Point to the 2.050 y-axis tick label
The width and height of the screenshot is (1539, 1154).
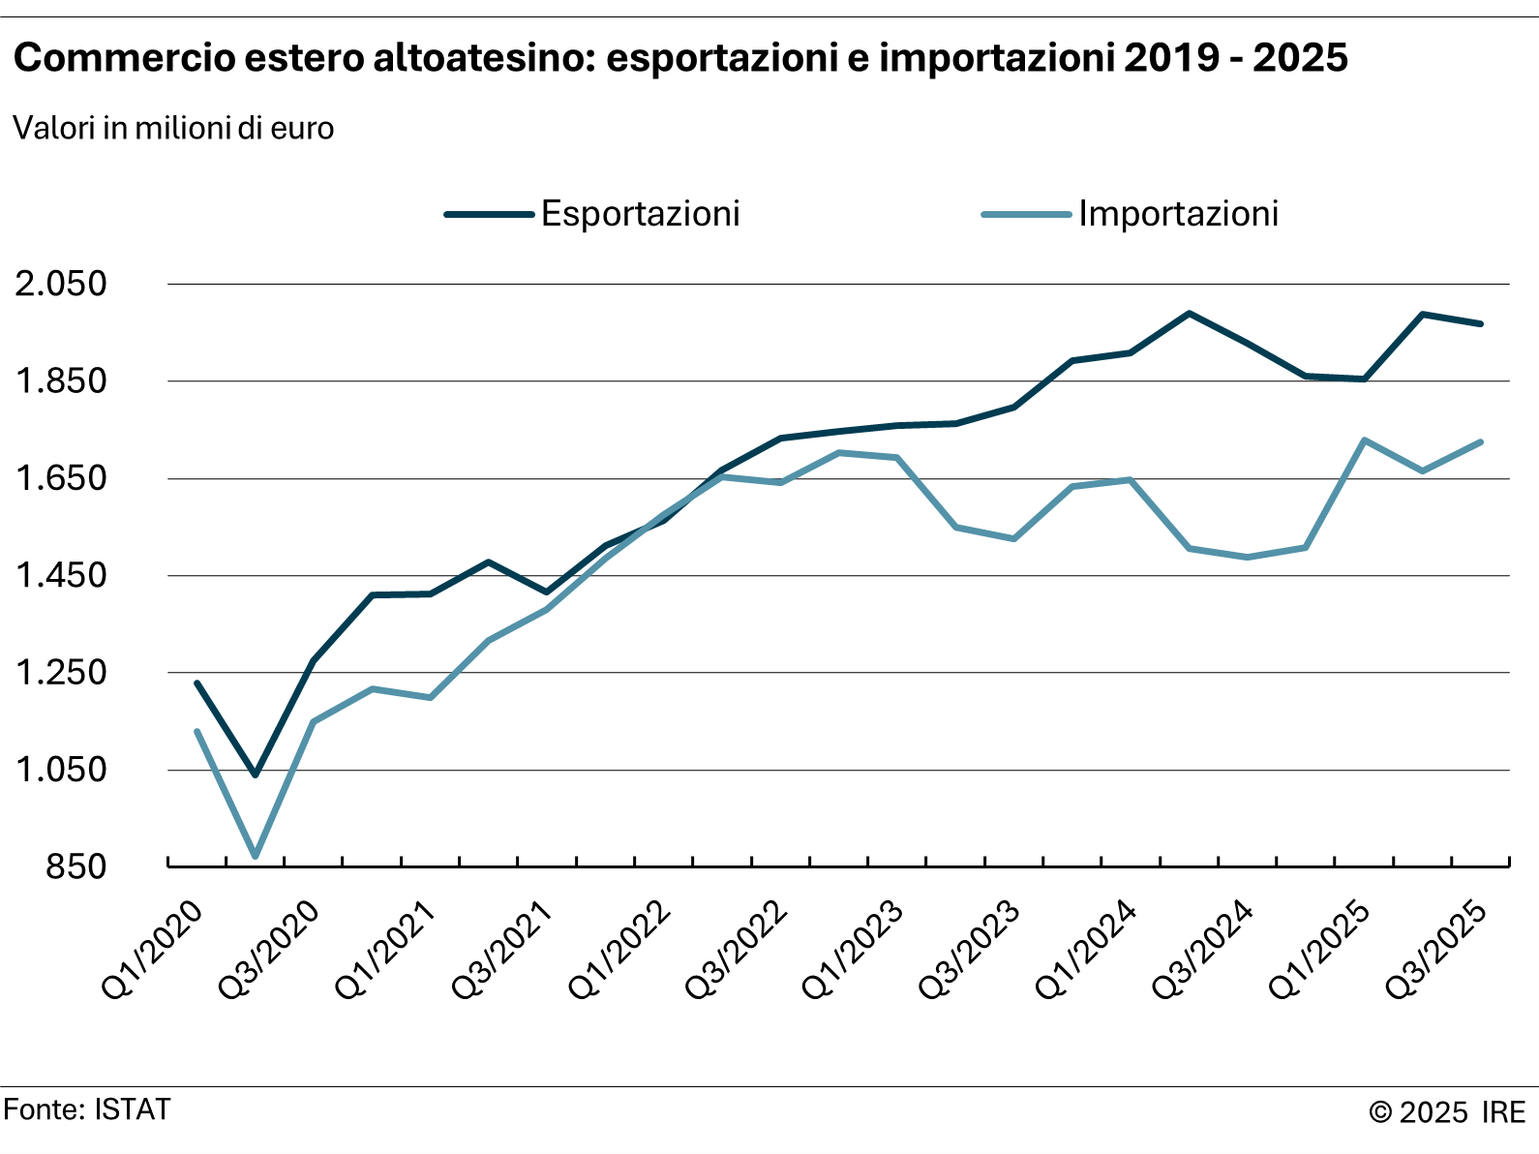tap(60, 285)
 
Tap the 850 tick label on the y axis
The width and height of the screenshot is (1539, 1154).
tap(75, 866)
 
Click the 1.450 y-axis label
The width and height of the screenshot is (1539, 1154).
tap(60, 576)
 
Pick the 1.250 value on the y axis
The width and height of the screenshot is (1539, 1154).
tap(60, 673)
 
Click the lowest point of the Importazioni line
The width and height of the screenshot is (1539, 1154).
tap(256, 856)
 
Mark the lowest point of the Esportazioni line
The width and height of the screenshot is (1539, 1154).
tap(256, 774)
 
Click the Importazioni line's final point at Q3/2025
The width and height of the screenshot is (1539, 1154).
tap(1481, 442)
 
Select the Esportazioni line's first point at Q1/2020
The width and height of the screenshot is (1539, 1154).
tap(196, 683)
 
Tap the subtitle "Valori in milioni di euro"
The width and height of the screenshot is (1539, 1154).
tap(173, 129)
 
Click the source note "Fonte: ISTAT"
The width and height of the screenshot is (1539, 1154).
tap(87, 1109)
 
